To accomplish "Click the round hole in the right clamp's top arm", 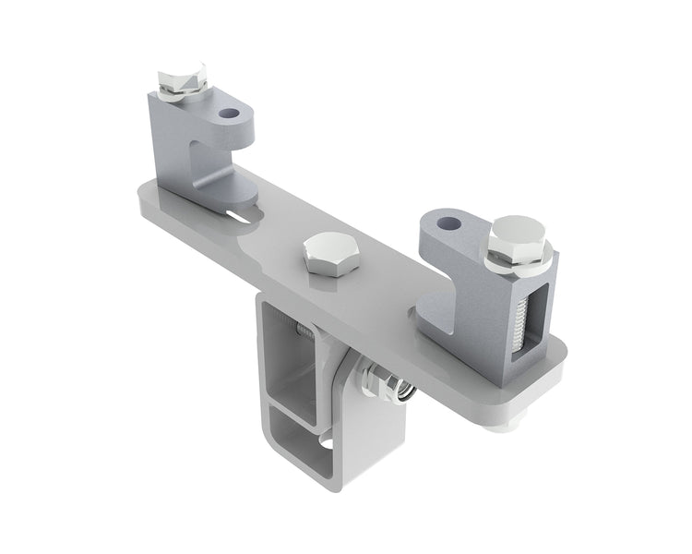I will click(447, 223).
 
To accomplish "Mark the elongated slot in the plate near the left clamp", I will click(243, 217).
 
